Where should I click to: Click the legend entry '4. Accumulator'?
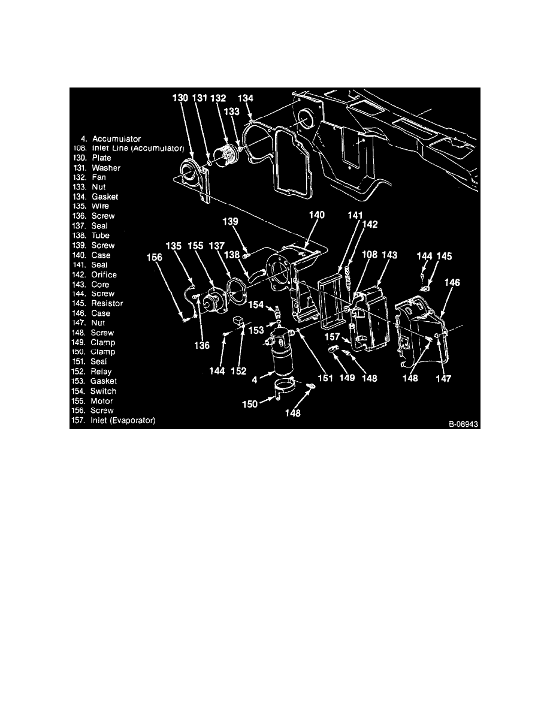111,139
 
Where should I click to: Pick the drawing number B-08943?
464,423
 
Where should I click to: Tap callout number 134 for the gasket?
246,98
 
